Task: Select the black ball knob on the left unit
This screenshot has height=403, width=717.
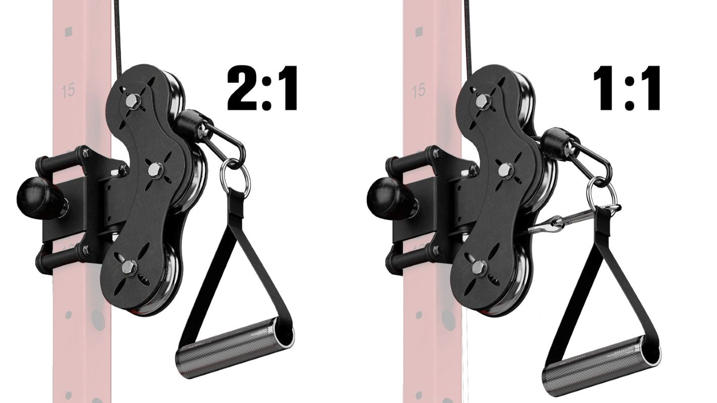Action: click(38, 196)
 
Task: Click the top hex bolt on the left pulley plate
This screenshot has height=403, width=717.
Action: click(132, 102)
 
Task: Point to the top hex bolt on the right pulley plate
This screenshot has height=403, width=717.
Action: click(483, 102)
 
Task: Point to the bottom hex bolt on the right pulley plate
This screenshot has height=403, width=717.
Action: click(480, 267)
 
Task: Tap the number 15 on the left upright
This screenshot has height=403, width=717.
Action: click(68, 91)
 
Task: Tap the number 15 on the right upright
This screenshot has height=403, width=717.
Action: click(418, 91)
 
